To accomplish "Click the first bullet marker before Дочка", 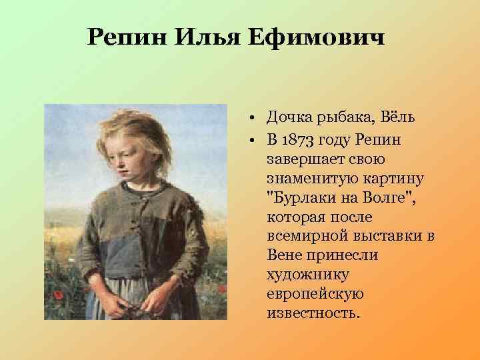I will (255, 119).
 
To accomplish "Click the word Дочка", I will (287, 119).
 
